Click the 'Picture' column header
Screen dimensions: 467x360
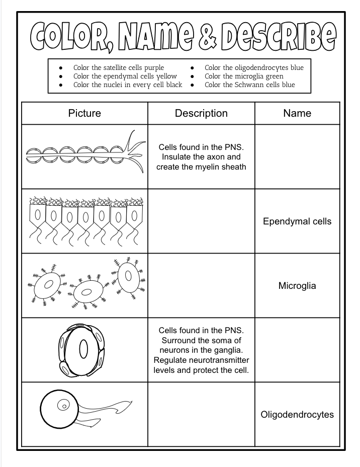click(x=84, y=113)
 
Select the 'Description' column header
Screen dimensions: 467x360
click(x=201, y=113)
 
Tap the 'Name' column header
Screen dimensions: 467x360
click(x=297, y=113)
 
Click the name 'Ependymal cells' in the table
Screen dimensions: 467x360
click(x=297, y=221)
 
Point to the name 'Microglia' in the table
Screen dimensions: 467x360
click(x=297, y=286)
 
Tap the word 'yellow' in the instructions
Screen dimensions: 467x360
click(x=165, y=76)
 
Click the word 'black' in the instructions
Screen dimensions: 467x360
click(x=171, y=85)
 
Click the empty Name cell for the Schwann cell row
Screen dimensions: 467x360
click(x=297, y=157)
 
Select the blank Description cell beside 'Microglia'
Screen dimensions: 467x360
click(x=201, y=286)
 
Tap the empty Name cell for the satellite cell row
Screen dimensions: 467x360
click(x=297, y=350)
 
